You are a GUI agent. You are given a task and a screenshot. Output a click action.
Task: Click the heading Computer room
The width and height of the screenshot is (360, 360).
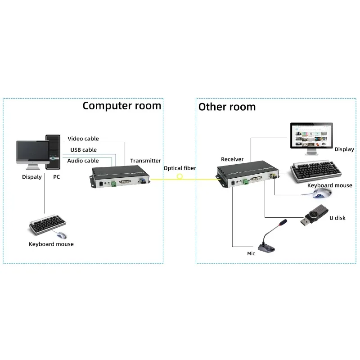click(x=121, y=106)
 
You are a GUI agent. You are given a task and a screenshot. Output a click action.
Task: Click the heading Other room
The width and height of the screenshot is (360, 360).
click(x=227, y=107)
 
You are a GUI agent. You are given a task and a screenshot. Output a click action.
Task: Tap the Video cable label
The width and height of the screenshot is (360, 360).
click(x=83, y=139)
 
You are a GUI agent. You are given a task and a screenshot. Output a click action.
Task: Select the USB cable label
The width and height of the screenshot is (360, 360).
click(x=83, y=150)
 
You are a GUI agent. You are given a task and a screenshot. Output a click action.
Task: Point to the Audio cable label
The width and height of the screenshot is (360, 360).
click(x=83, y=161)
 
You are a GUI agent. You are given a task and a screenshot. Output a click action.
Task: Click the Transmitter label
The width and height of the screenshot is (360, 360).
click(x=145, y=161)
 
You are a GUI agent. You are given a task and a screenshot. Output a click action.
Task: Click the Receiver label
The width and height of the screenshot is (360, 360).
click(x=232, y=159)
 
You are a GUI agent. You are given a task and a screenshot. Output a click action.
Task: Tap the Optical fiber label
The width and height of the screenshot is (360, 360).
click(x=180, y=168)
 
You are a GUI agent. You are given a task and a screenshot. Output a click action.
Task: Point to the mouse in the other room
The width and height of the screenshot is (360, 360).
click(x=322, y=193)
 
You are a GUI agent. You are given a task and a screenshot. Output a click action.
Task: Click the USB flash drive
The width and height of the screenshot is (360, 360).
click(x=315, y=217)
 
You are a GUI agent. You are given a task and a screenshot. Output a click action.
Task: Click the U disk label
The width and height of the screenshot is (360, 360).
click(x=337, y=218)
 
